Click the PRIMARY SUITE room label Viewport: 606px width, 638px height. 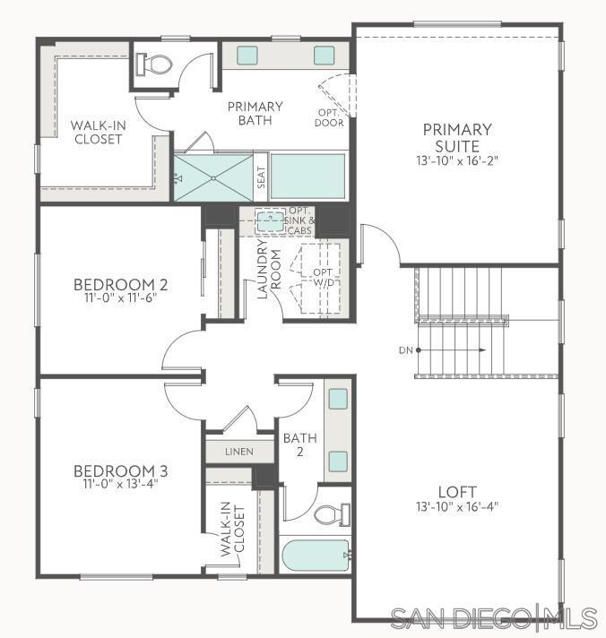point(457,137)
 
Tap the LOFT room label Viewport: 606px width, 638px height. point(457,492)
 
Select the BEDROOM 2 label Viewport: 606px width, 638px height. point(121,286)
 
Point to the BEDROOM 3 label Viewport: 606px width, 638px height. point(121,471)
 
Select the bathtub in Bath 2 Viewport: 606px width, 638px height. point(315,556)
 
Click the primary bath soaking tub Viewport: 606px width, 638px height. point(307,177)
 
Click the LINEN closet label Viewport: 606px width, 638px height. point(239,452)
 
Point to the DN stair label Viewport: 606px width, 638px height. point(404,349)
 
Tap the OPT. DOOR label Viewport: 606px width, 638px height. point(329,117)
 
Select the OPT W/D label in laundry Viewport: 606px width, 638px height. point(322,278)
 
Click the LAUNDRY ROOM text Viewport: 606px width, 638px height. point(270,269)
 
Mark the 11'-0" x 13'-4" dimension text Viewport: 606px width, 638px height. point(121,485)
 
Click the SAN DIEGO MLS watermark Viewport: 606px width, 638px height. point(493,617)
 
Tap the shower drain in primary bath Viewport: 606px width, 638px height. point(214,177)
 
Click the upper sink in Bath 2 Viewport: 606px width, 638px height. point(337,400)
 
